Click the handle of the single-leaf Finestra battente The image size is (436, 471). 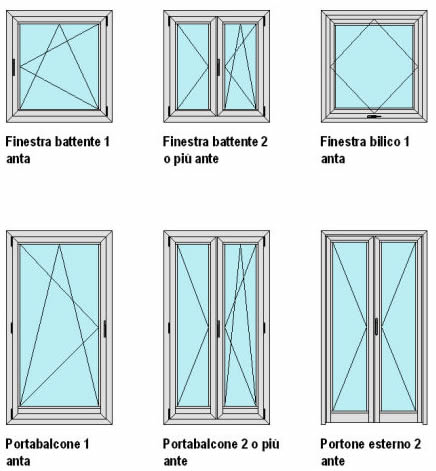14,67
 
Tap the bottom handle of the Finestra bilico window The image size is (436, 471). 374,117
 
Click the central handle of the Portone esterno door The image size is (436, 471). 376,326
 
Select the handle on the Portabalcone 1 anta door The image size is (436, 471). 105,329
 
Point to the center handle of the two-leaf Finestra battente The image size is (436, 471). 218,67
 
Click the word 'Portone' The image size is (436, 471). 337,444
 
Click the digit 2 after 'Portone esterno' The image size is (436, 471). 417,444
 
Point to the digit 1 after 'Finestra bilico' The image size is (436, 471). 407,142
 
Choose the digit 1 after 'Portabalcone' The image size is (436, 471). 86,444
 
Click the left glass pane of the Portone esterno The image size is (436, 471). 350,327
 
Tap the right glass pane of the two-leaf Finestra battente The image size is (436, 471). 240,67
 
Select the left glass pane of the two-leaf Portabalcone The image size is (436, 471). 193,325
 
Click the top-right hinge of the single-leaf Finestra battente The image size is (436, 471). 107,21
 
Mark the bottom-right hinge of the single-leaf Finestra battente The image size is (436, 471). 107,111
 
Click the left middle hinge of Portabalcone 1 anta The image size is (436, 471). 12,328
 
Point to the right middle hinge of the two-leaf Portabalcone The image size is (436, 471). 264,328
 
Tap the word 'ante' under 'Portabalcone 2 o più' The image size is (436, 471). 175,461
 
